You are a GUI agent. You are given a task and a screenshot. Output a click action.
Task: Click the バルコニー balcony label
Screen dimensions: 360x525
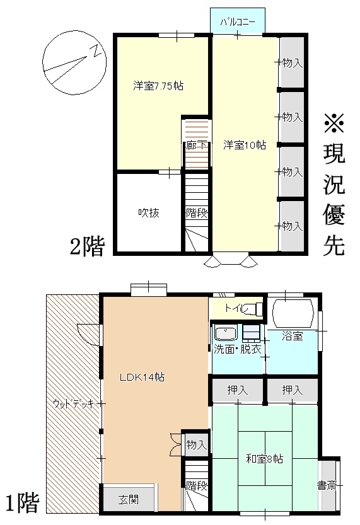point(238,23)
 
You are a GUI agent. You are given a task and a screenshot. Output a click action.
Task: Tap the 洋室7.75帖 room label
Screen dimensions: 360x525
point(158,86)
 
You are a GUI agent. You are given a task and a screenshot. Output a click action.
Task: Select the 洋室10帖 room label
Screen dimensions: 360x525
point(245,145)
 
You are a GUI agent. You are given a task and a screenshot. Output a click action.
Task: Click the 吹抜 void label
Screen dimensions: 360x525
point(149,212)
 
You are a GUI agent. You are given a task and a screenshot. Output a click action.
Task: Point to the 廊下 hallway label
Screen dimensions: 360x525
point(196,146)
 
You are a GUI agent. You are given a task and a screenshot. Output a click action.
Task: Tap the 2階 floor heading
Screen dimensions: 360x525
point(88,246)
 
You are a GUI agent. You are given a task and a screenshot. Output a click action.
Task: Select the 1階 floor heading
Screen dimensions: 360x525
point(23,503)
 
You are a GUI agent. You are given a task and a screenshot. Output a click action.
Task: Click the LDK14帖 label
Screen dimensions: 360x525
point(142,378)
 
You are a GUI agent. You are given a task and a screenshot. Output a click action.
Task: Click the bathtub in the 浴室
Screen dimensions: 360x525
point(293,314)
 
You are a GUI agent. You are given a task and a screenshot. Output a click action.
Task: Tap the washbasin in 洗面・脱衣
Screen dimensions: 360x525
point(226,333)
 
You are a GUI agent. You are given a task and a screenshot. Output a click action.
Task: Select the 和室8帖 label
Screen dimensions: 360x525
point(265,458)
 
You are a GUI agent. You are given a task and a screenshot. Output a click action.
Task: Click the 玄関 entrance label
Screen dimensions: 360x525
point(128,500)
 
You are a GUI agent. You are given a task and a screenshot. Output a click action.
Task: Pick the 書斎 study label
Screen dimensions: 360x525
point(327,485)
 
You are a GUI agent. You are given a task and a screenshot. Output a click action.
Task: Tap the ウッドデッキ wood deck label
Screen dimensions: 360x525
point(73,404)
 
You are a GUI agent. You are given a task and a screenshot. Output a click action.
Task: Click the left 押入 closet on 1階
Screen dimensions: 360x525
point(238,389)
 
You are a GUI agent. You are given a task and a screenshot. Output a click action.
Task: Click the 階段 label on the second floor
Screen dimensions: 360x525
point(197,212)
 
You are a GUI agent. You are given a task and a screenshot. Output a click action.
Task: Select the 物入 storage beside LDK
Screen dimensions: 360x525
point(196,445)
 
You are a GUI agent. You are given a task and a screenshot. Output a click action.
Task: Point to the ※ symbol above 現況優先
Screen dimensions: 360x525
point(334,124)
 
